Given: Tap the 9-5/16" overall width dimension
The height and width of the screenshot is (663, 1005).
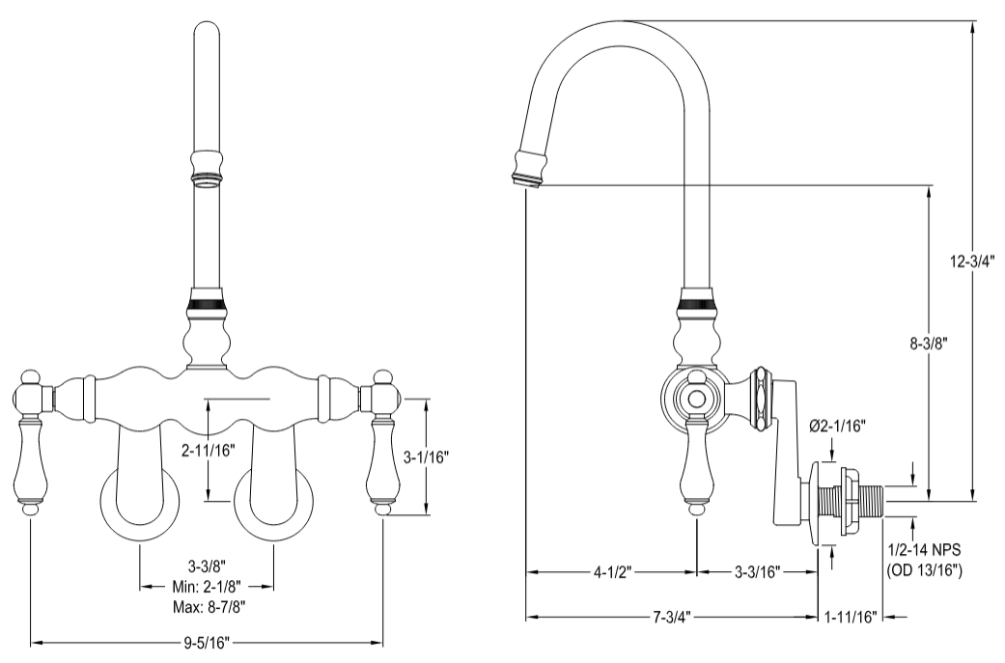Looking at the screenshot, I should (208, 641).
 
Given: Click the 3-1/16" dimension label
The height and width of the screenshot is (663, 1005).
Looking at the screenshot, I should (426, 455).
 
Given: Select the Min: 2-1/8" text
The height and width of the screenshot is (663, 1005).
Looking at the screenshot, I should (208, 586).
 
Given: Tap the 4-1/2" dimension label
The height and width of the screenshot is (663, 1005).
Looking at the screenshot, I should (610, 571).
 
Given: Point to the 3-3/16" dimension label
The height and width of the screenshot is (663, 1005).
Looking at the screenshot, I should (758, 571).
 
